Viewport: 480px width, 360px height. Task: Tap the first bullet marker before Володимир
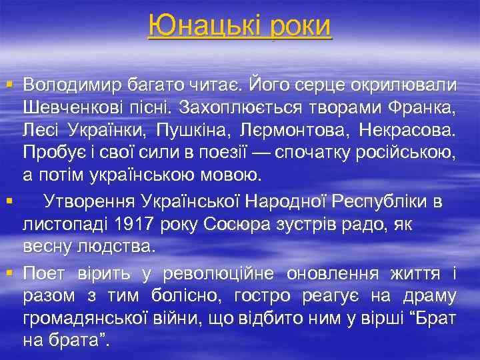pos(8,85)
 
